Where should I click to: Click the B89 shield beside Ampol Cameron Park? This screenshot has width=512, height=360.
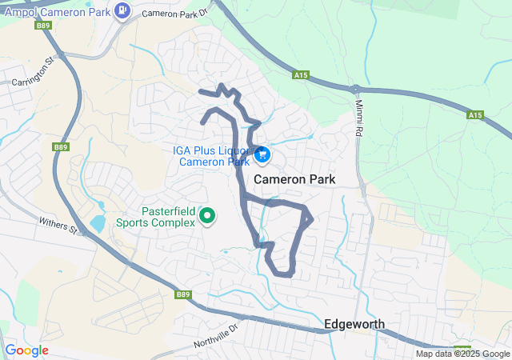click(44, 26)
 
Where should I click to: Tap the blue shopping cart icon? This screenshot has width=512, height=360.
click(262, 155)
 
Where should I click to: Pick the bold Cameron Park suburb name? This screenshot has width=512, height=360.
click(294, 180)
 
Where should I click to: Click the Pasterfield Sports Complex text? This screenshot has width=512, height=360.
click(156, 216)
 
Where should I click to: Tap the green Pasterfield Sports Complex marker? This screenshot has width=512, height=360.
click(207, 215)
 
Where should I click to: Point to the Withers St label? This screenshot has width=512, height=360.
click(59, 227)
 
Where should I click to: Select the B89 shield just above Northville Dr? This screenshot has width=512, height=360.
click(183, 294)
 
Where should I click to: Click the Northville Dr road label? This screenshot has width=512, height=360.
click(216, 336)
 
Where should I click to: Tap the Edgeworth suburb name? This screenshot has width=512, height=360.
click(354, 324)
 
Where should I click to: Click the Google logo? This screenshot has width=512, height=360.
click(26, 350)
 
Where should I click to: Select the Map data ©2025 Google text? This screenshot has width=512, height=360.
click(462, 354)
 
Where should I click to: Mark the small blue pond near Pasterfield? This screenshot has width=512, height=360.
click(98, 223)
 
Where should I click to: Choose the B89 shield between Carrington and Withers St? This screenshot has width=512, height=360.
click(61, 147)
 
